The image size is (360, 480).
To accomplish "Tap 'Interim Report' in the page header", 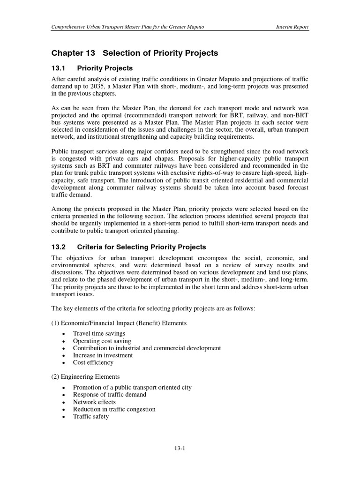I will click(x=292, y=27).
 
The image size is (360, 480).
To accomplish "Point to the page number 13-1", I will click(x=180, y=448).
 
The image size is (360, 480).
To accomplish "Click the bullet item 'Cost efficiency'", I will click(x=93, y=362).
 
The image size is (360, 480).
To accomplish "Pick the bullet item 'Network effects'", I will click(x=94, y=402).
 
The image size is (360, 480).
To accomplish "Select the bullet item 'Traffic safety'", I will click(x=90, y=416).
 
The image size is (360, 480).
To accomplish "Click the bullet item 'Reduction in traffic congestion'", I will click(x=114, y=409).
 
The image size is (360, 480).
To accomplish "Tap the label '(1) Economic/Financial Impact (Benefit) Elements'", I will click(x=119, y=323).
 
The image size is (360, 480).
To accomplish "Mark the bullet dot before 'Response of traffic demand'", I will click(x=63, y=395).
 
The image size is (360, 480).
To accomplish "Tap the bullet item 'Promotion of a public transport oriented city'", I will click(x=132, y=388).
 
